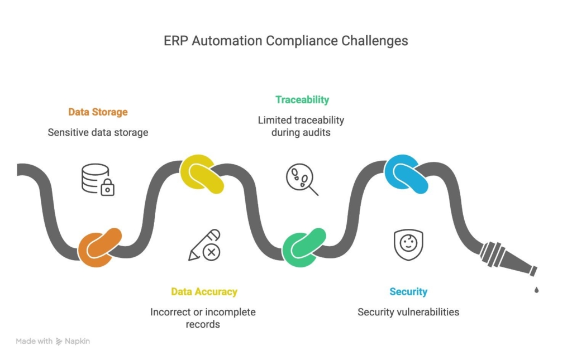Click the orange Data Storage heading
point(98,112)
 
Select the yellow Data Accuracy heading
point(204,291)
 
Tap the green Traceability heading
point(302,100)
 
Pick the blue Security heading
point(408,291)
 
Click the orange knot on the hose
point(99,247)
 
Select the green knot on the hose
point(303,247)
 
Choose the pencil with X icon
point(204,245)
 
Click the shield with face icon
point(408,245)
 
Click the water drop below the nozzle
point(537,290)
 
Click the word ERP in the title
point(175,41)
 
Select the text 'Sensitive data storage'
point(98,132)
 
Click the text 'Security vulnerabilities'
point(408,311)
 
